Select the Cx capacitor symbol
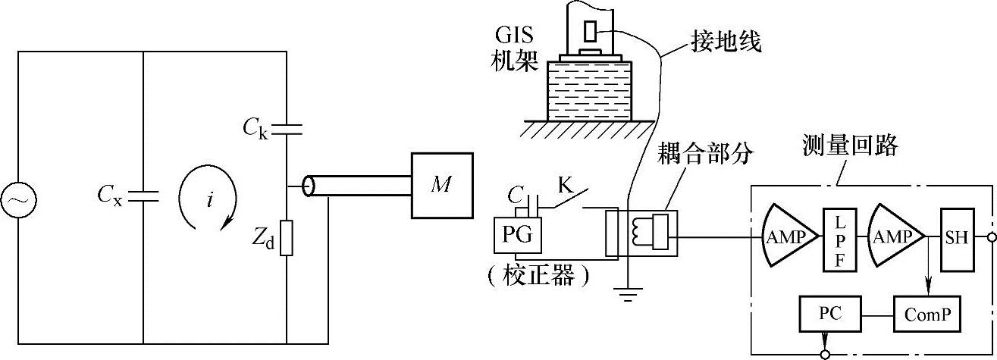click(143, 196)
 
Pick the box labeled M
click(442, 185)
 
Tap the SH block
click(955, 238)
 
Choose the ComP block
click(926, 313)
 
